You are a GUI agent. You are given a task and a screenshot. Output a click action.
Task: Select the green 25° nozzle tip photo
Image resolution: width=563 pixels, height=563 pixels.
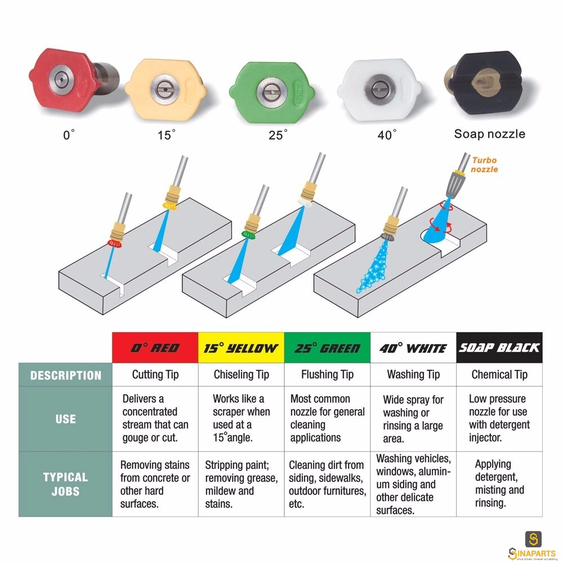pos(272,92)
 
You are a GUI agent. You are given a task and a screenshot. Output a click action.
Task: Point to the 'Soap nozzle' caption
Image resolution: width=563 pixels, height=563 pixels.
pos(489,134)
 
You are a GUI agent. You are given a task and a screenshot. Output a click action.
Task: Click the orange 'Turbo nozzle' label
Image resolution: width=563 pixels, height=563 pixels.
pos(484,165)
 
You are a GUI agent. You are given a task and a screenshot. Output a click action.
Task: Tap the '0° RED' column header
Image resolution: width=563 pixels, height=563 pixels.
pos(155,347)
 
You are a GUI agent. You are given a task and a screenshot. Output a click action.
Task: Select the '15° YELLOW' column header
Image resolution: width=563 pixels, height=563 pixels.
pos(242,347)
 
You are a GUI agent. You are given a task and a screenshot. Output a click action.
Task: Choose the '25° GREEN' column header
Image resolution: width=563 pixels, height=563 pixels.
pos(328,347)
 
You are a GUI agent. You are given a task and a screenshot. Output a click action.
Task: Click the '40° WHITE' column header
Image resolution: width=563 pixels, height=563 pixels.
pos(413,347)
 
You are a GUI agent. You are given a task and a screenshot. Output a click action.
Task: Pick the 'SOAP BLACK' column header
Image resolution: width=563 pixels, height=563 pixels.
pos(499,347)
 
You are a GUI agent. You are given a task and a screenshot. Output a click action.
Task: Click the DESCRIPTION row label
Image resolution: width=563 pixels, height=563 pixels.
pos(66,375)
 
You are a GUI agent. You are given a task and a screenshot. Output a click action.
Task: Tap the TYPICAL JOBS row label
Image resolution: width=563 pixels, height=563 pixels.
pos(65,484)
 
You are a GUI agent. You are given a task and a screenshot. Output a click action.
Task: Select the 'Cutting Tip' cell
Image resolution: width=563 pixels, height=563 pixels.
pos(155,374)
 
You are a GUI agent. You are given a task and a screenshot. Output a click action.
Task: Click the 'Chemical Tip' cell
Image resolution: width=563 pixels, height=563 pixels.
pos(499,374)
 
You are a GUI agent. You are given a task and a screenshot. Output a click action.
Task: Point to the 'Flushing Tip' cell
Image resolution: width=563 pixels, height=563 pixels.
pos(328,374)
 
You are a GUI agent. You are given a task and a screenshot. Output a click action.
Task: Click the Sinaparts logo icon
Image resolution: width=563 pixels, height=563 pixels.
pos(533,539)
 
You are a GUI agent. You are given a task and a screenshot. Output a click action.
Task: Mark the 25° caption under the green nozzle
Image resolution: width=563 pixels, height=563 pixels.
pos(278,135)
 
